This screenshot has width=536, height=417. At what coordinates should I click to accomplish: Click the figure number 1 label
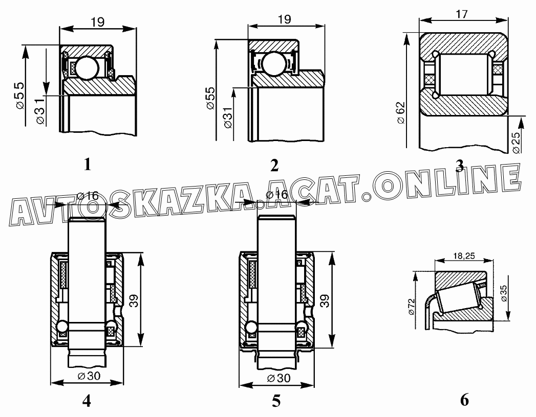(88, 164)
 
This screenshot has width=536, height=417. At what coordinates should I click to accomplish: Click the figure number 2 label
(274, 166)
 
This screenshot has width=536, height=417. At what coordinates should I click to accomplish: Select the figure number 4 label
(87, 401)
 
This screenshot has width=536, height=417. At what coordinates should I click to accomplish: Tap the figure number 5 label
(276, 401)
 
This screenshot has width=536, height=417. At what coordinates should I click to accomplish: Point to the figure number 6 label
(464, 400)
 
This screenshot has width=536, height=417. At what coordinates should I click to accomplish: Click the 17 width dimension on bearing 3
(461, 14)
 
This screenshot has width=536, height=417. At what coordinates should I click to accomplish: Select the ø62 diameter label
(401, 112)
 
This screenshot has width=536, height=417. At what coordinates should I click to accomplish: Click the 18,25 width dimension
(464, 256)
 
